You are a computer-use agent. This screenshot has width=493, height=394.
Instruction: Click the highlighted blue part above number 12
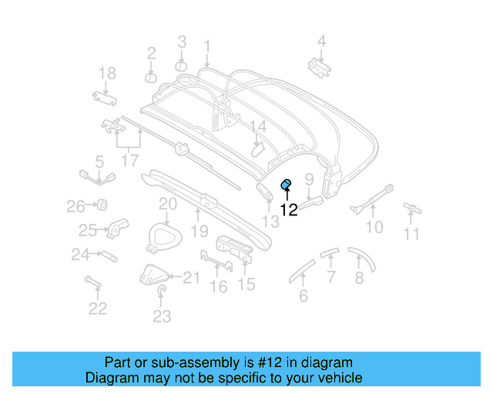[x=285, y=183]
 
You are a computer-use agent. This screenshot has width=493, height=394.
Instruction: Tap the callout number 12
[x=288, y=209]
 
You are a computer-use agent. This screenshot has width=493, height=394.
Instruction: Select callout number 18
[x=107, y=73]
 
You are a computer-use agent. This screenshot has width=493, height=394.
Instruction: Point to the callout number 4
[x=322, y=42]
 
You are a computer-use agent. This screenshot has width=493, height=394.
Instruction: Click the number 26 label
[x=75, y=206]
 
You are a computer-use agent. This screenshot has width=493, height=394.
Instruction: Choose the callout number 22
[x=97, y=309]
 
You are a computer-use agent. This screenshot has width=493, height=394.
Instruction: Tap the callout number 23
[x=162, y=316]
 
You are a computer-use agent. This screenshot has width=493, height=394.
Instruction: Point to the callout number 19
[x=200, y=231]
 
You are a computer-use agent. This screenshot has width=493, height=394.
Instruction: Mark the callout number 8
[x=359, y=278]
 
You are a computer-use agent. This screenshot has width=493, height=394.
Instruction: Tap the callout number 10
[x=374, y=227]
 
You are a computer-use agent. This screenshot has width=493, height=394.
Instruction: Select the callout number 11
[x=413, y=234]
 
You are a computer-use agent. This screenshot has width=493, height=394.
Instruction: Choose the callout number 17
[x=129, y=161]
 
